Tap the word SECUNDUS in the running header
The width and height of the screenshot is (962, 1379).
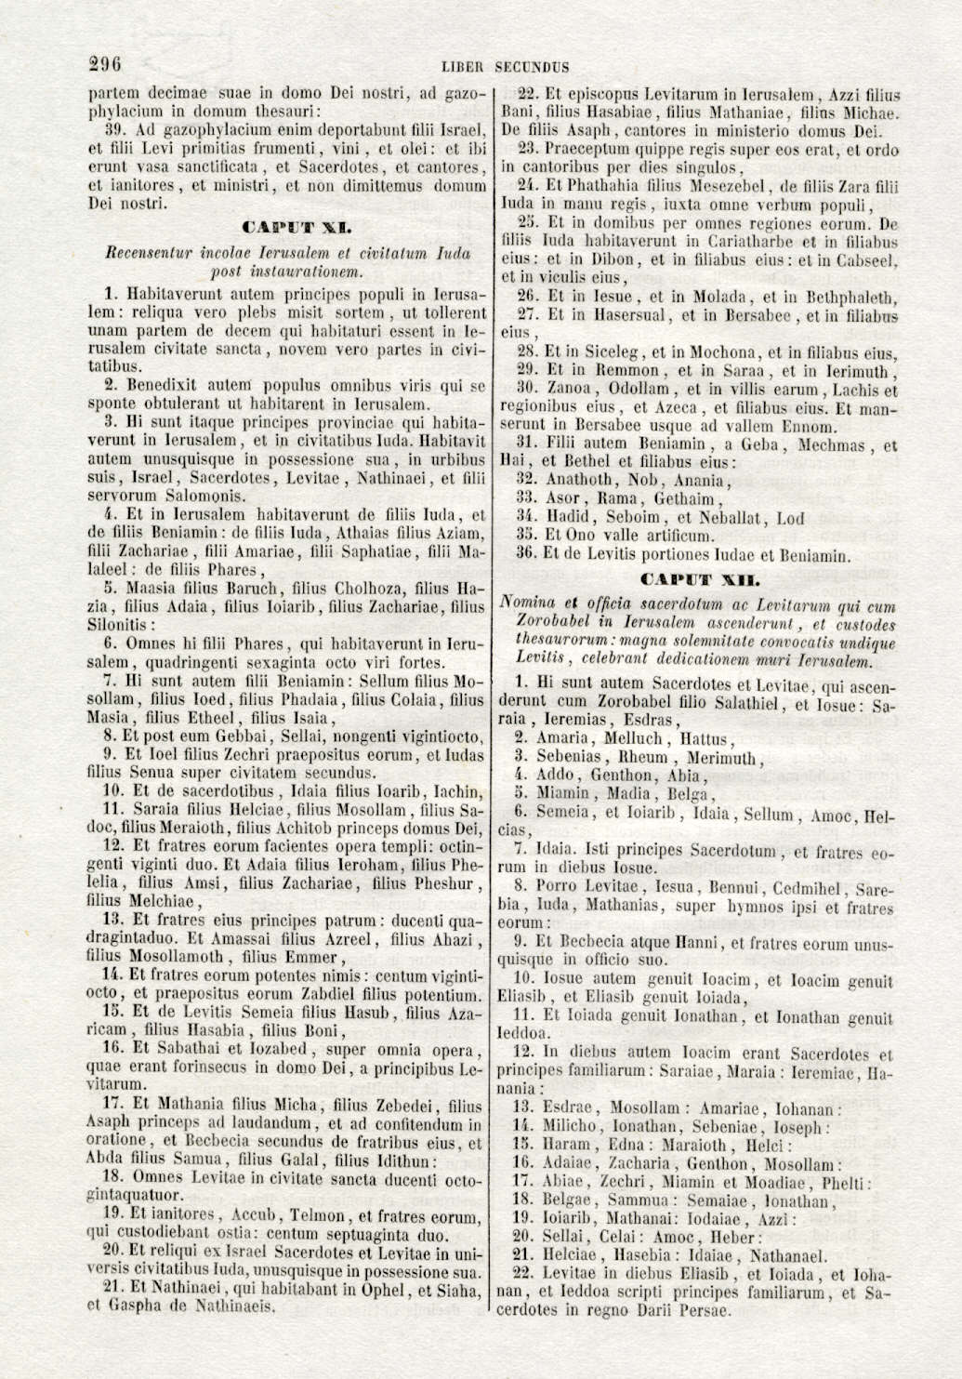tap(532, 67)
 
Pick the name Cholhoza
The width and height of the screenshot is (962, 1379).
tap(379, 589)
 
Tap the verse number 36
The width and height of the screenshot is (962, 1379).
tap(526, 556)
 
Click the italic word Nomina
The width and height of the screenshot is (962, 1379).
tap(532, 603)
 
